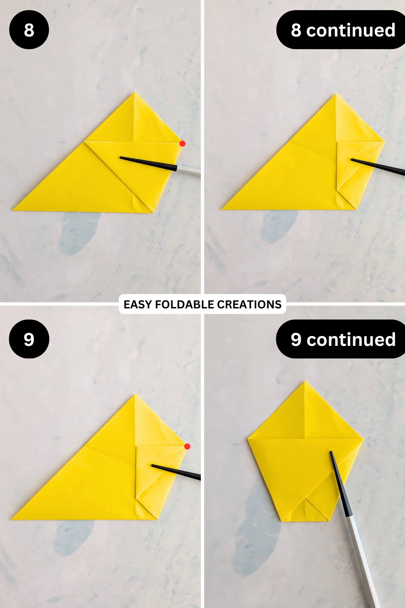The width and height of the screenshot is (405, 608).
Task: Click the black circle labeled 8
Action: (29, 30)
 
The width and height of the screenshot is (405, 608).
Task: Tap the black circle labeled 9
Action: (29, 339)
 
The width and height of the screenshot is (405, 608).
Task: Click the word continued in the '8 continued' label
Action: (351, 30)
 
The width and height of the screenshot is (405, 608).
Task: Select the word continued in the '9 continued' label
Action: (351, 339)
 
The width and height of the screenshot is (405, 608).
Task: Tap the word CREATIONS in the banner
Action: (249, 304)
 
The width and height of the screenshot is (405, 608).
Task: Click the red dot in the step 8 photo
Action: (182, 144)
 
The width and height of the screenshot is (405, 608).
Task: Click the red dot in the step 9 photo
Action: (187, 447)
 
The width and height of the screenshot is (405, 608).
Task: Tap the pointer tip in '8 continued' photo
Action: (352, 159)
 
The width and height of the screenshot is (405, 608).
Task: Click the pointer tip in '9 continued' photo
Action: (331, 452)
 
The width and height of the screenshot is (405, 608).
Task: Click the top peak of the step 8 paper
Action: (134, 93)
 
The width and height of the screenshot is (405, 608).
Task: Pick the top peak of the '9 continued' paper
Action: (305, 381)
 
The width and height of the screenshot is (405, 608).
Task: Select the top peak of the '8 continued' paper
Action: (336, 94)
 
